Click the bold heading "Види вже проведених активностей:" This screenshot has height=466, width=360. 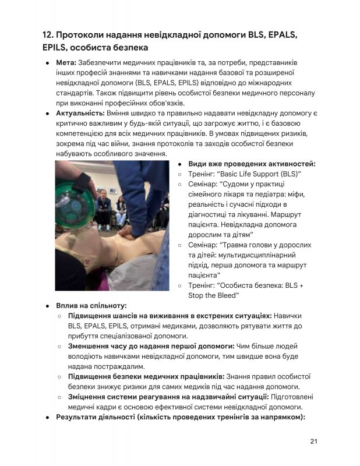251,164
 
